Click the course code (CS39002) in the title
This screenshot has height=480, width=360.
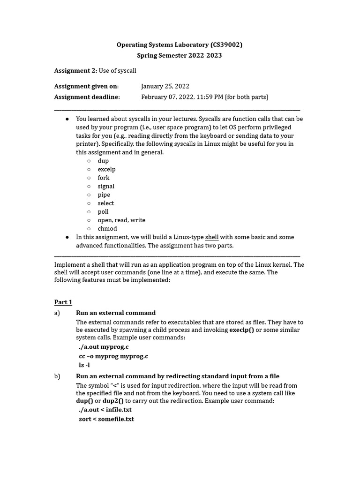[x=226, y=45]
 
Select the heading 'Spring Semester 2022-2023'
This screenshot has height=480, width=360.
[x=180, y=55]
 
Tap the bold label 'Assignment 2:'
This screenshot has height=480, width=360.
[x=75, y=70]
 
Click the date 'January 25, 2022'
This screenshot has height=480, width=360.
[x=165, y=86]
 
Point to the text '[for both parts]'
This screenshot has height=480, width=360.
[x=247, y=97]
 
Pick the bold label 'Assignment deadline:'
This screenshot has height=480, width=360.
[x=87, y=97]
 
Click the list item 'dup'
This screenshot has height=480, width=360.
[x=103, y=161]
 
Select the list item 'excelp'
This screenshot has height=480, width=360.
[x=106, y=169]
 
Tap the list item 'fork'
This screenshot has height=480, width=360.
[x=104, y=178]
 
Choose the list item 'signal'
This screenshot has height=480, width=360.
[x=106, y=186]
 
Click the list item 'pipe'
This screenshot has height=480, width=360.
[x=104, y=195]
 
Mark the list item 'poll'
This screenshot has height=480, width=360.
[x=103, y=211]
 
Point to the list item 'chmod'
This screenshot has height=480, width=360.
[x=107, y=229]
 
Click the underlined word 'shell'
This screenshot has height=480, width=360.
[x=212, y=237]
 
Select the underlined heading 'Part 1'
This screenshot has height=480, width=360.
[x=63, y=302]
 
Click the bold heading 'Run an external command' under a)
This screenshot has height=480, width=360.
[x=116, y=313]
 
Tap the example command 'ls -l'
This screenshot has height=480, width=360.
[x=84, y=365]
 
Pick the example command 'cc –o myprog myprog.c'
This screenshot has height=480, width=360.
[x=113, y=356]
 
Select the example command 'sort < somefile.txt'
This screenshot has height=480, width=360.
[x=106, y=419]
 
